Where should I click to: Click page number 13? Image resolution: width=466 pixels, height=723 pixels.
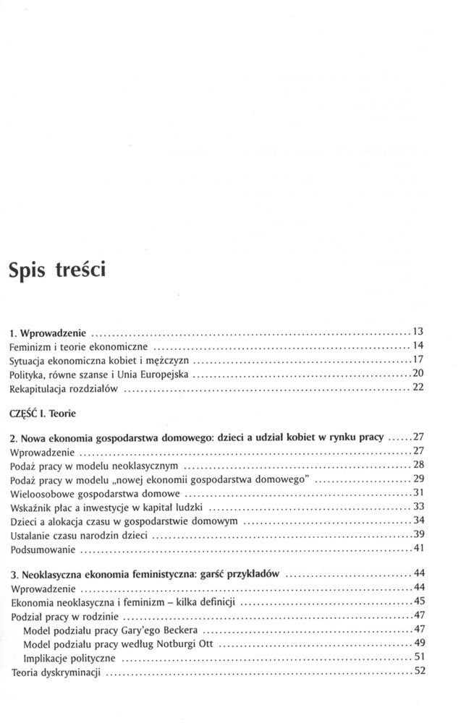[417, 331]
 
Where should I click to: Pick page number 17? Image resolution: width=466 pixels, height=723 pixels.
[417, 359]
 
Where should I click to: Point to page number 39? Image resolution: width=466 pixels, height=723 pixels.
[417, 535]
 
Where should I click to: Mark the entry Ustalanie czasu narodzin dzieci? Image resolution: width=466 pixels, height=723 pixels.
[80, 536]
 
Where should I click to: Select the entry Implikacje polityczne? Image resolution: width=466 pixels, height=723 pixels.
[68, 659]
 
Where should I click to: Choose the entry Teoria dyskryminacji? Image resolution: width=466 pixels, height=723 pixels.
[56, 673]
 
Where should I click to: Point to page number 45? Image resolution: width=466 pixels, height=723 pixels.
[417, 602]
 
